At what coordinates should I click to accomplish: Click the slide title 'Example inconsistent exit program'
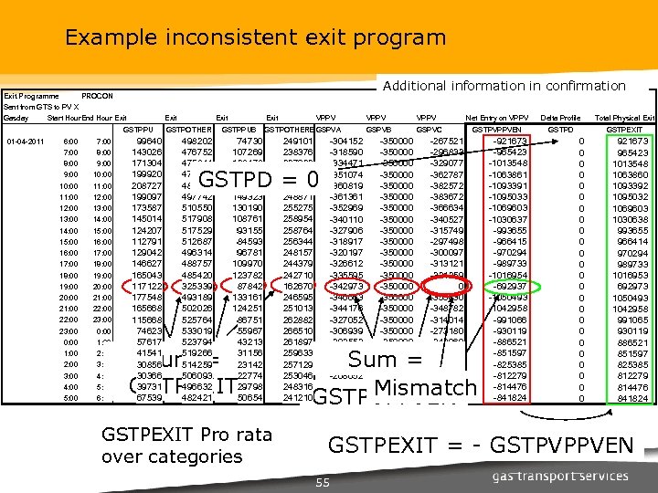pos(255,38)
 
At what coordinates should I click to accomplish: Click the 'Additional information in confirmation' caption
pos(504,86)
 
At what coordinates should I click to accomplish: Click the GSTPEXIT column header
pos(631,130)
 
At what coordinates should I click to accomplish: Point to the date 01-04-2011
pos(25,142)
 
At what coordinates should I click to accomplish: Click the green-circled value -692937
pos(510,287)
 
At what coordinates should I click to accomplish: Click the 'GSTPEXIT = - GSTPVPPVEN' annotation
pos(480,445)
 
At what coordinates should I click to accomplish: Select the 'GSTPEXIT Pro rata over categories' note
pos(172,445)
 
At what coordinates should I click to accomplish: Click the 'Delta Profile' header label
pos(560,118)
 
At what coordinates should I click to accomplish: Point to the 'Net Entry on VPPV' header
pos(497,118)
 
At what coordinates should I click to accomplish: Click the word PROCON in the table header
pos(98,96)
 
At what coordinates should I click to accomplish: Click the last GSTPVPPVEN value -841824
pos(510,398)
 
